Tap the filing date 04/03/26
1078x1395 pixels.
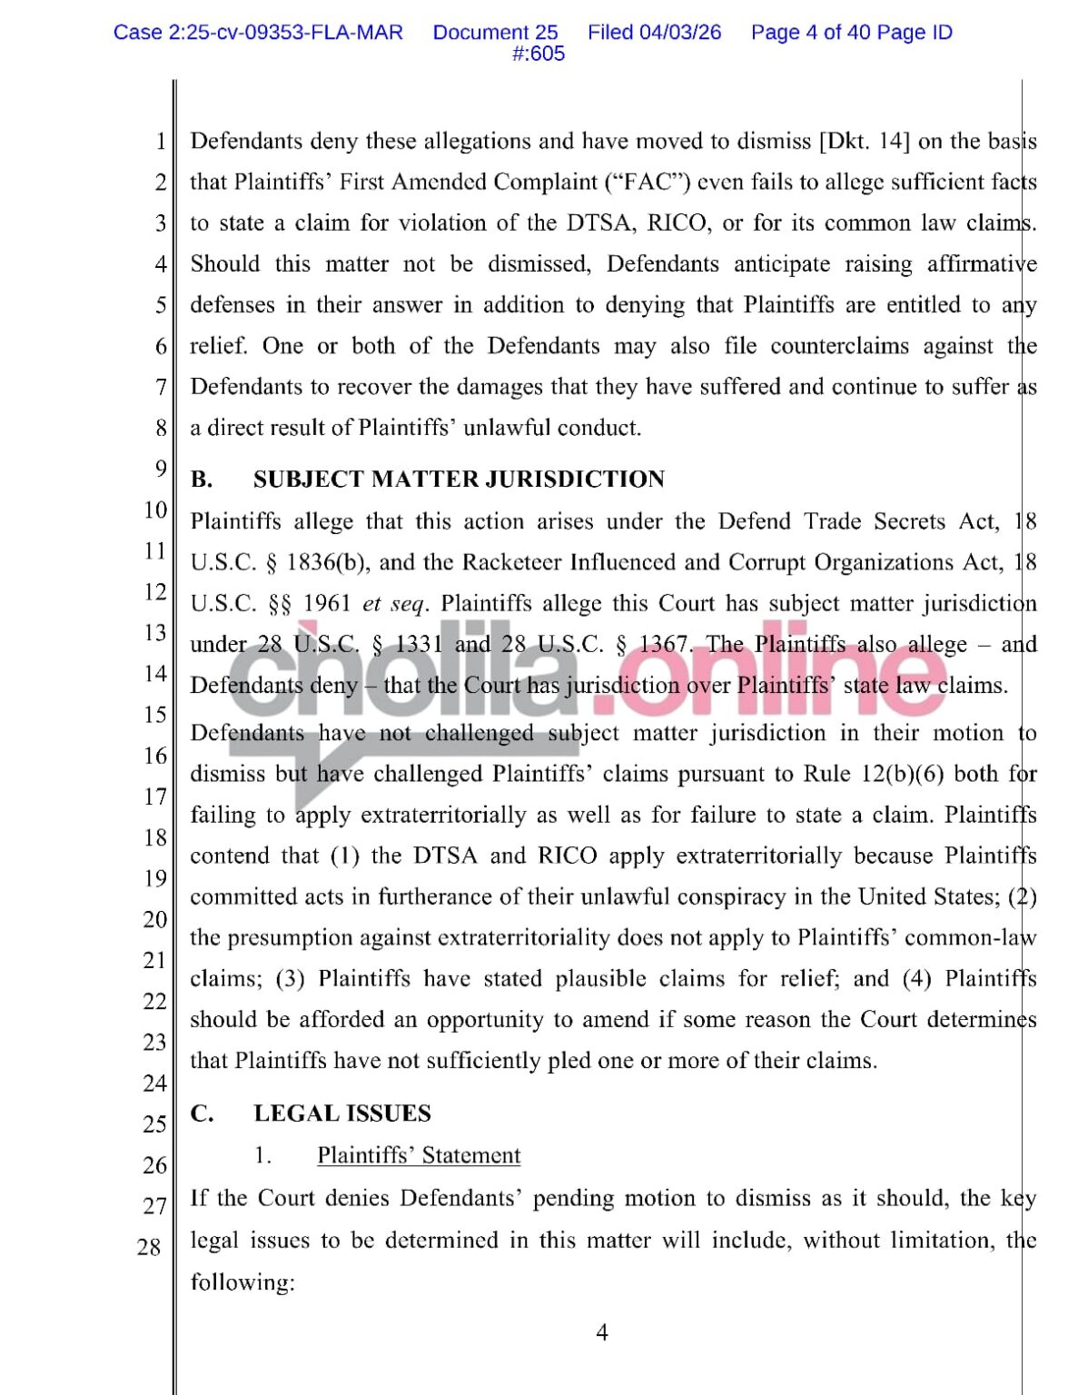pyautogui.click(x=680, y=33)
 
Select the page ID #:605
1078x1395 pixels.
pyautogui.click(x=539, y=54)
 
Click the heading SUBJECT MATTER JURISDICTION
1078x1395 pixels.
pyautogui.click(x=459, y=480)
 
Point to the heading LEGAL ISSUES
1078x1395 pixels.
pyautogui.click(x=342, y=1113)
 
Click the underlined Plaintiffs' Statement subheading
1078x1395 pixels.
pyautogui.click(x=419, y=1155)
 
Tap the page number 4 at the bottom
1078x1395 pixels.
pyautogui.click(x=601, y=1332)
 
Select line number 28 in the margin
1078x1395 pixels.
pyautogui.click(x=149, y=1247)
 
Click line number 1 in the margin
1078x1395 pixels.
pyautogui.click(x=161, y=142)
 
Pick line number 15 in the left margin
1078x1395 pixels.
pyautogui.click(x=154, y=715)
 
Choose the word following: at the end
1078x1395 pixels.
pyautogui.click(x=242, y=1282)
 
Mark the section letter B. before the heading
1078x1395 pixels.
pyautogui.click(x=202, y=480)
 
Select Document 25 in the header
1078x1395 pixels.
pyautogui.click(x=495, y=33)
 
